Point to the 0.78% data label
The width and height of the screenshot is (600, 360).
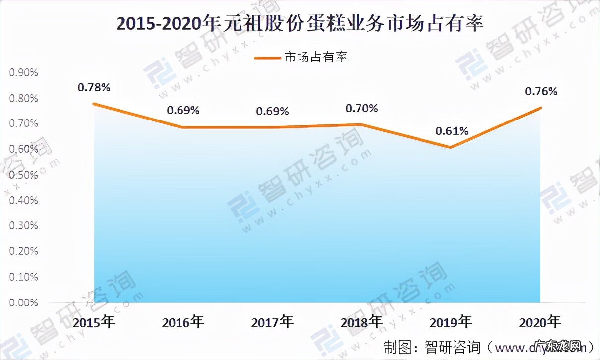pos(94,88)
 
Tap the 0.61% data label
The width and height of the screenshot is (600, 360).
pos(452,131)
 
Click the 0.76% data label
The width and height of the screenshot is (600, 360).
pos(541,91)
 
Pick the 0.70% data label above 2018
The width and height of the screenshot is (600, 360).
pos(361,108)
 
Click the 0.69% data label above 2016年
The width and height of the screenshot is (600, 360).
pos(183,110)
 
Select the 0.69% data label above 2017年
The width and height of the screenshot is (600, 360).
pos(272,111)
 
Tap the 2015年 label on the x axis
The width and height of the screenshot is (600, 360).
pos(94,323)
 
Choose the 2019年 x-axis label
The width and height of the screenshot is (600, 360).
pos(451,323)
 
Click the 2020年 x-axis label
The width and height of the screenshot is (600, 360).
pos(540,323)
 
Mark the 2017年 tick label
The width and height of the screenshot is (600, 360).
pos(272,323)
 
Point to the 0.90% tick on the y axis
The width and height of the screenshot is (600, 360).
pos(23,72)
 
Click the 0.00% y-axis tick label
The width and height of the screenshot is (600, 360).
pos(23,302)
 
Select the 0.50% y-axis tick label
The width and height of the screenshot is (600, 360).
pos(23,175)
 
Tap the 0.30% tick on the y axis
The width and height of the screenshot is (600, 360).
pos(23,226)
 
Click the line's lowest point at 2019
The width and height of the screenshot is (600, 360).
pos(451,147)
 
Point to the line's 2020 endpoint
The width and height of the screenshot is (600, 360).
pos(541,108)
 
